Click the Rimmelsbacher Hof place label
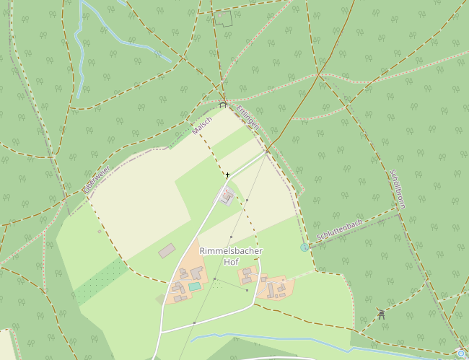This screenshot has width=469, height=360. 231,256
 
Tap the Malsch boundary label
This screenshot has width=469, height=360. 202,126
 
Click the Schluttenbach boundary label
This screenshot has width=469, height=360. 339,229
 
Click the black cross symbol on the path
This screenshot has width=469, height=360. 227,175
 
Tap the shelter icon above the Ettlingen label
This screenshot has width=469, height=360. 223,105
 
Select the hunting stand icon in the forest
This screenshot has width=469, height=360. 381,313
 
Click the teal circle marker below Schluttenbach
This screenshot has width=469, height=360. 304,247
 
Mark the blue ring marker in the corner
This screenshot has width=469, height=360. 461,354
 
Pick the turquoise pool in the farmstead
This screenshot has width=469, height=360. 195,286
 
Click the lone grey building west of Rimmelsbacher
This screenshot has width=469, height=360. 167,250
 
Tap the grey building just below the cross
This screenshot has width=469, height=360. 227,196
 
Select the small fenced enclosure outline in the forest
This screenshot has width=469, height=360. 223,19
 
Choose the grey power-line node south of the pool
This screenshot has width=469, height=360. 194,322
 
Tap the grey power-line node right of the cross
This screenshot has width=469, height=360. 247,200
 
